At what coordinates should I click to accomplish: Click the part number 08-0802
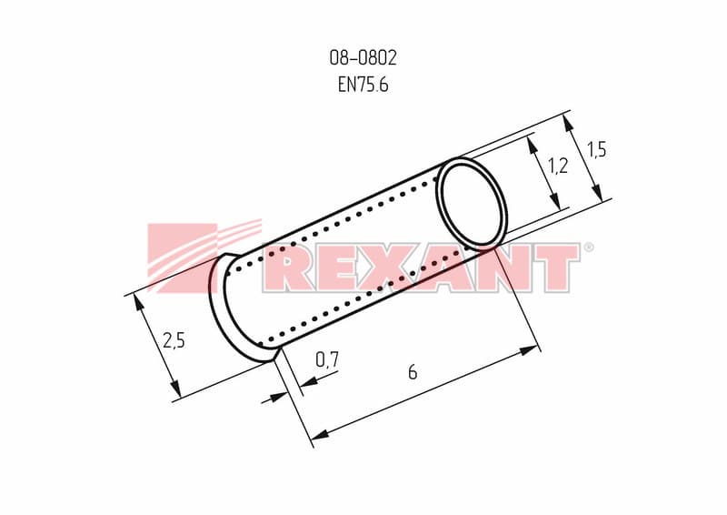pos(363,58)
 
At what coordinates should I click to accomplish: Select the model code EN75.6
pos(363,85)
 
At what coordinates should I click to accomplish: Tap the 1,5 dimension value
pos(597,149)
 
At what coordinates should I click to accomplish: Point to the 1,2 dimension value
pos(558,166)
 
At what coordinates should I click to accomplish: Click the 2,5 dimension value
pos(174,340)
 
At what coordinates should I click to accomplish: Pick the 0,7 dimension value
pos(327,359)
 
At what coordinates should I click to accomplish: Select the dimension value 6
pos(413,372)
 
